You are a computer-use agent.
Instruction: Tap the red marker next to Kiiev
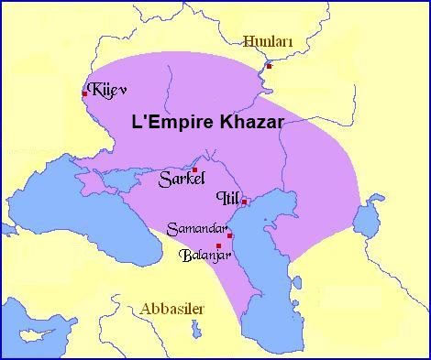[x=84, y=93]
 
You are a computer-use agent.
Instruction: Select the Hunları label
[x=267, y=40]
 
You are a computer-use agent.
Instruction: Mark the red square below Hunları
[x=269, y=66]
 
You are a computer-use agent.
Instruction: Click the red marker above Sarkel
[x=194, y=169]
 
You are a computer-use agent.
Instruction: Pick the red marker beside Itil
[x=245, y=202]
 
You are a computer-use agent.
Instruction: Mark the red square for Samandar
[x=229, y=235]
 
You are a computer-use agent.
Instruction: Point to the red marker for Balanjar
[x=218, y=245]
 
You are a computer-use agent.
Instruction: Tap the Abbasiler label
[x=172, y=310]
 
